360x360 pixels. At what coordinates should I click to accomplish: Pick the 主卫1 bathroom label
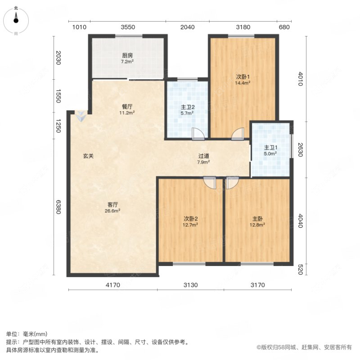[x=270, y=150]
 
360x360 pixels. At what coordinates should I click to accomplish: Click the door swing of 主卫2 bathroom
[x=198, y=133]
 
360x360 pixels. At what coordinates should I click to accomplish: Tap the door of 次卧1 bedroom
[x=237, y=133]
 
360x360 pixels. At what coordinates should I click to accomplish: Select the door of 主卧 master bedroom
[x=232, y=182]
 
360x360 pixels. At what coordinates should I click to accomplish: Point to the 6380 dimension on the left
[x=58, y=207]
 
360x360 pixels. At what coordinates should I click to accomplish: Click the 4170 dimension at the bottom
[x=113, y=284]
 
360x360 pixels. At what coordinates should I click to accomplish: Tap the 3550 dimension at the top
[x=128, y=27]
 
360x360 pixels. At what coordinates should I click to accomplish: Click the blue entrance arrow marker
[x=80, y=116]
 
